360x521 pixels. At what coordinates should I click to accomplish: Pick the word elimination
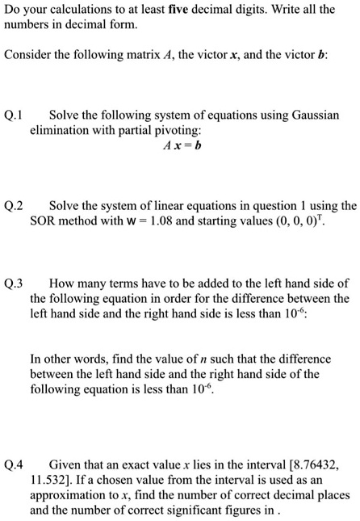click(x=60, y=130)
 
